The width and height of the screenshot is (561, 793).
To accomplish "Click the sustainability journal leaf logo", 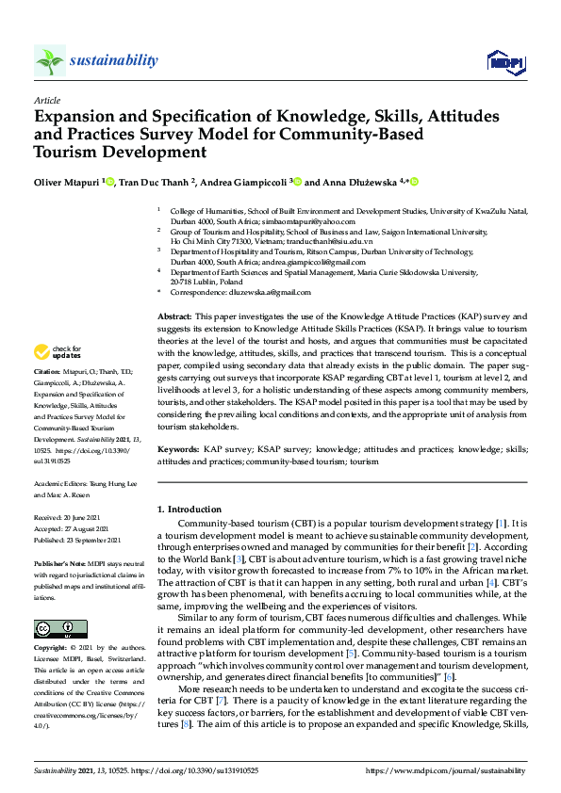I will click(49, 61).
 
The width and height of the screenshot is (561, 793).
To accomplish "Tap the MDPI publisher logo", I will click(505, 62).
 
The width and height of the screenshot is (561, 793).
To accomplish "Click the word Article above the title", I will click(46, 99).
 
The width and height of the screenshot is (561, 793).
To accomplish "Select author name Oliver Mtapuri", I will click(69, 182).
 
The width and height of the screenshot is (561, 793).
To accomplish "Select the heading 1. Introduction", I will click(189, 510).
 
